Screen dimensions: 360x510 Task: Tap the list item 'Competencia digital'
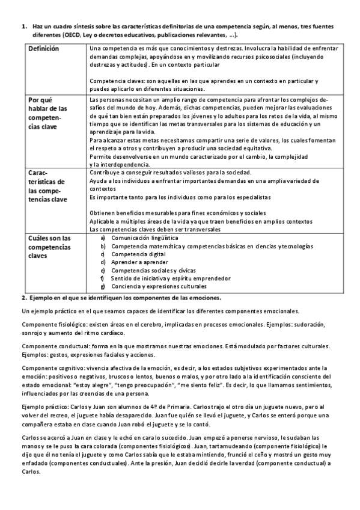pos(138,254)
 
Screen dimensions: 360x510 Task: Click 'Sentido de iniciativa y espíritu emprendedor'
pos(170,278)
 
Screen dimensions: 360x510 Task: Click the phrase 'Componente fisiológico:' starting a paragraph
pos(50,324)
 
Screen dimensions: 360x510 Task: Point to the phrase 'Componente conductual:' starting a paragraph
pos(50,346)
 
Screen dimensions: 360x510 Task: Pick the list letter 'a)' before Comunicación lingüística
pos(103,238)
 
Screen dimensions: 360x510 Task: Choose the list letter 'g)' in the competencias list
pos(103,286)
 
